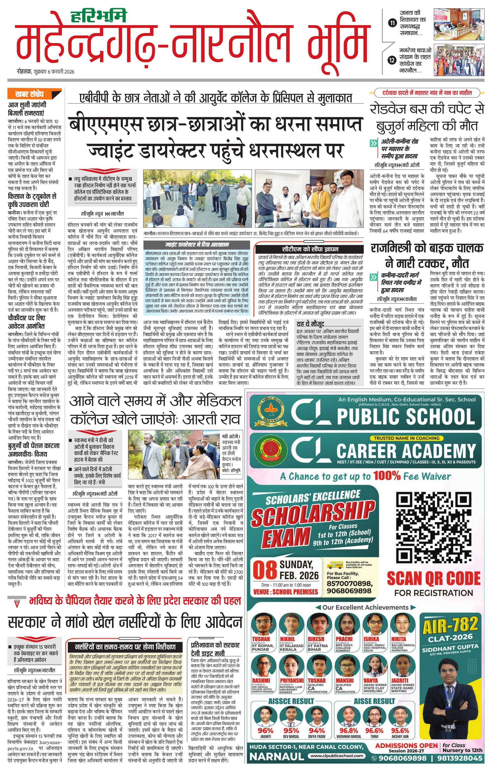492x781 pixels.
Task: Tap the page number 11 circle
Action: [x=393, y=23]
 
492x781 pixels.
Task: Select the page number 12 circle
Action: [x=393, y=60]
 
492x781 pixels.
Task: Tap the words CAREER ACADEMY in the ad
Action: [x=406, y=451]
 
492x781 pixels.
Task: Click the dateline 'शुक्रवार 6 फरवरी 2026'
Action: [x=53, y=72]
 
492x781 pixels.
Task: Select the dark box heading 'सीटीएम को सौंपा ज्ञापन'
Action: [x=310, y=249]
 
